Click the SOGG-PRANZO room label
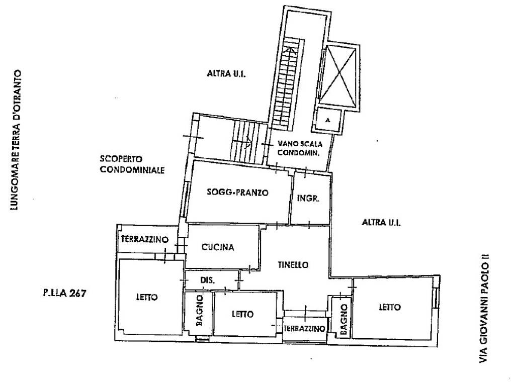tap(237, 192)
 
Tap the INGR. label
tap(308, 198)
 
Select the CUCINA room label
tap(218, 247)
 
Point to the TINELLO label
tap(293, 264)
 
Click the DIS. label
tap(208, 280)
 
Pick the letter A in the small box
tap(327, 120)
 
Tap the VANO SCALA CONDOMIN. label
tap(300, 148)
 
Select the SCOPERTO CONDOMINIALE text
tap(132, 164)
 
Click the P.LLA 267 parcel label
tap(64, 293)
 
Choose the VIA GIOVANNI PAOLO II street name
tap(484, 308)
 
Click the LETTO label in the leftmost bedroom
tap(147, 298)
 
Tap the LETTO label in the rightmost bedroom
tap(390, 307)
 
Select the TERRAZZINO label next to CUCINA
tap(144, 239)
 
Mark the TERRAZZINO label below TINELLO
tap(304, 329)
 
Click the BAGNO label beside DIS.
tap(199, 311)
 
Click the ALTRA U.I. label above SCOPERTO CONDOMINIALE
tap(226, 73)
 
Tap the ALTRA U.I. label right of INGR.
tap(381, 223)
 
